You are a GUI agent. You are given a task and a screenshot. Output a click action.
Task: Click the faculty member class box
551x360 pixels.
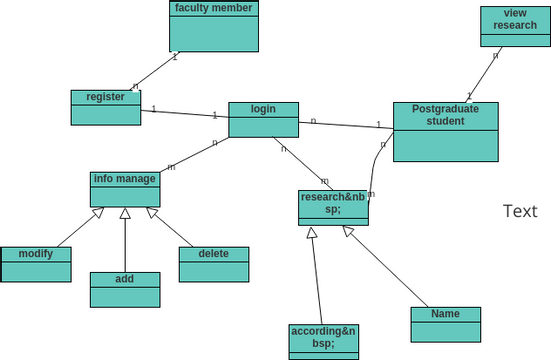click(x=214, y=27)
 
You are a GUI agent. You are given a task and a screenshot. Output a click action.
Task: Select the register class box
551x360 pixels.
click(x=106, y=108)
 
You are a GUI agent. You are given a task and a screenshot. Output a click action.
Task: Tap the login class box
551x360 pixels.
click(x=263, y=120)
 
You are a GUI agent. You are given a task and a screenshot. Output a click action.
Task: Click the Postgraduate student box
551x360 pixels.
click(x=445, y=132)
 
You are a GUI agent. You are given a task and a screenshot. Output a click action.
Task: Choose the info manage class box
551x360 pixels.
click(x=125, y=189)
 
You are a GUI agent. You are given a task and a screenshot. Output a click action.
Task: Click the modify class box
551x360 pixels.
click(x=35, y=264)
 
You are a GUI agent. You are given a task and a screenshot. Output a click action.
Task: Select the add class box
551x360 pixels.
click(x=125, y=289)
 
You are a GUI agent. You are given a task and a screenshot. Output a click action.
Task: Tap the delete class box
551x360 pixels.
click(x=213, y=264)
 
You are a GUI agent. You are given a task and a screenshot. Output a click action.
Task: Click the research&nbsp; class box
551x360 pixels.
click(x=333, y=208)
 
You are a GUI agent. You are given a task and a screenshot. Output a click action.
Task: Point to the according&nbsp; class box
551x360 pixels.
click(x=323, y=340)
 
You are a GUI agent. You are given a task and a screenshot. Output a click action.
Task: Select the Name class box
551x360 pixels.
click(x=445, y=324)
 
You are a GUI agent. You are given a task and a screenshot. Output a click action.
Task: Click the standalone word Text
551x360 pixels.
click(x=520, y=211)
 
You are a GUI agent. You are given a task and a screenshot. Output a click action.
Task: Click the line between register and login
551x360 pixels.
click(x=185, y=112)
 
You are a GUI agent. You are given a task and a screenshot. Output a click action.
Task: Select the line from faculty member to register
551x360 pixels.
click(x=155, y=71)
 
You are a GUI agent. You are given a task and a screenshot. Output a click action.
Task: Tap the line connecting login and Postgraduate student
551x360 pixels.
click(x=346, y=125)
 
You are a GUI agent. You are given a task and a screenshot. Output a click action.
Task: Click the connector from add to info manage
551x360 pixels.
click(x=125, y=245)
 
